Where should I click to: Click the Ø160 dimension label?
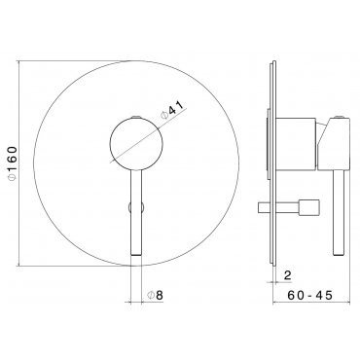pyautogui.click(x=12, y=163)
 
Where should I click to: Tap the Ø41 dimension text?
pyautogui.click(x=172, y=111)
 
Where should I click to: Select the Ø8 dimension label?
pyautogui.click(x=155, y=295)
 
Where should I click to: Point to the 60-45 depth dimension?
pyautogui.click(x=309, y=295)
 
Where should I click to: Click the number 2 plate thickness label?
pyautogui.click(x=288, y=275)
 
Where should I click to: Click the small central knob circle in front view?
pyautogui.click(x=136, y=143)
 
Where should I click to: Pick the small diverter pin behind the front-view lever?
pyautogui.click(x=136, y=207)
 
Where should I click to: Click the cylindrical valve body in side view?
pyautogui.click(x=295, y=144)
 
